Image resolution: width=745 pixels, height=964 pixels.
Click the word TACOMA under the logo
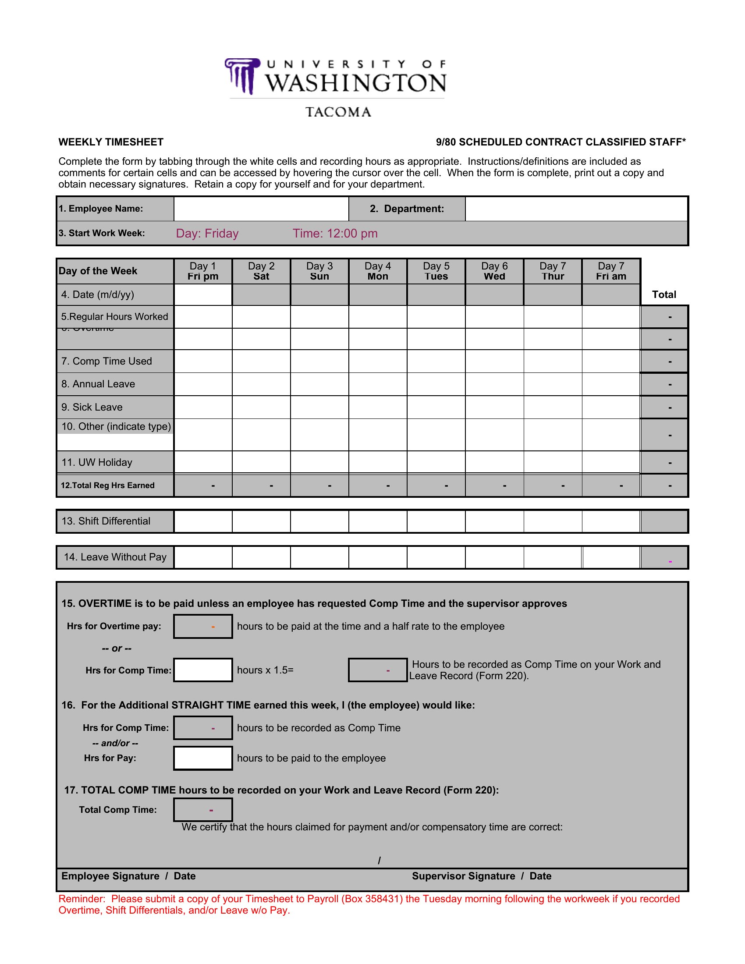click(x=338, y=112)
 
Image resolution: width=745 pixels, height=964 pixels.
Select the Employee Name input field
click(x=261, y=209)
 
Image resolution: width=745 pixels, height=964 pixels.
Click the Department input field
click(x=576, y=209)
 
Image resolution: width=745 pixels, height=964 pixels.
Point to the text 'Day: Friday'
click(x=207, y=234)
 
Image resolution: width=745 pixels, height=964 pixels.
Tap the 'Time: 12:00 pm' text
click(x=335, y=234)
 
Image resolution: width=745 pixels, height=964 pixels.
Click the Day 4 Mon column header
click(x=378, y=271)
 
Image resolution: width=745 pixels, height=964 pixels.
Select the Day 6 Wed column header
click(x=494, y=271)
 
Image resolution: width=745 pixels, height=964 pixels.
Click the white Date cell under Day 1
click(x=203, y=294)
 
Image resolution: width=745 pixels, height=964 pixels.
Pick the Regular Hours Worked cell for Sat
click(x=261, y=317)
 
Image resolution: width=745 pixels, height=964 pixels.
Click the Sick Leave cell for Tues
click(x=436, y=407)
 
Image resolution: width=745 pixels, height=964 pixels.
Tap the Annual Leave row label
click(x=98, y=384)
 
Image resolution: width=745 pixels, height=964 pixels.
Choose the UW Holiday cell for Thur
click(x=553, y=462)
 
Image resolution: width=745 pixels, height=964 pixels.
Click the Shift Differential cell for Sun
click(x=319, y=521)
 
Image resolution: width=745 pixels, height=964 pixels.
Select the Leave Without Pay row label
click(x=115, y=557)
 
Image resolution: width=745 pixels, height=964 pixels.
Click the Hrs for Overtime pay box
click(x=203, y=626)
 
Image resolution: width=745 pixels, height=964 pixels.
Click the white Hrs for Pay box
click(x=203, y=758)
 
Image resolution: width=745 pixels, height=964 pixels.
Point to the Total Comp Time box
click(x=203, y=809)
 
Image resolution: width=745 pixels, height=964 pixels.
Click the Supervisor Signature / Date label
click(x=482, y=876)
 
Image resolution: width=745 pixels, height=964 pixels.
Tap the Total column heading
click(x=664, y=294)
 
